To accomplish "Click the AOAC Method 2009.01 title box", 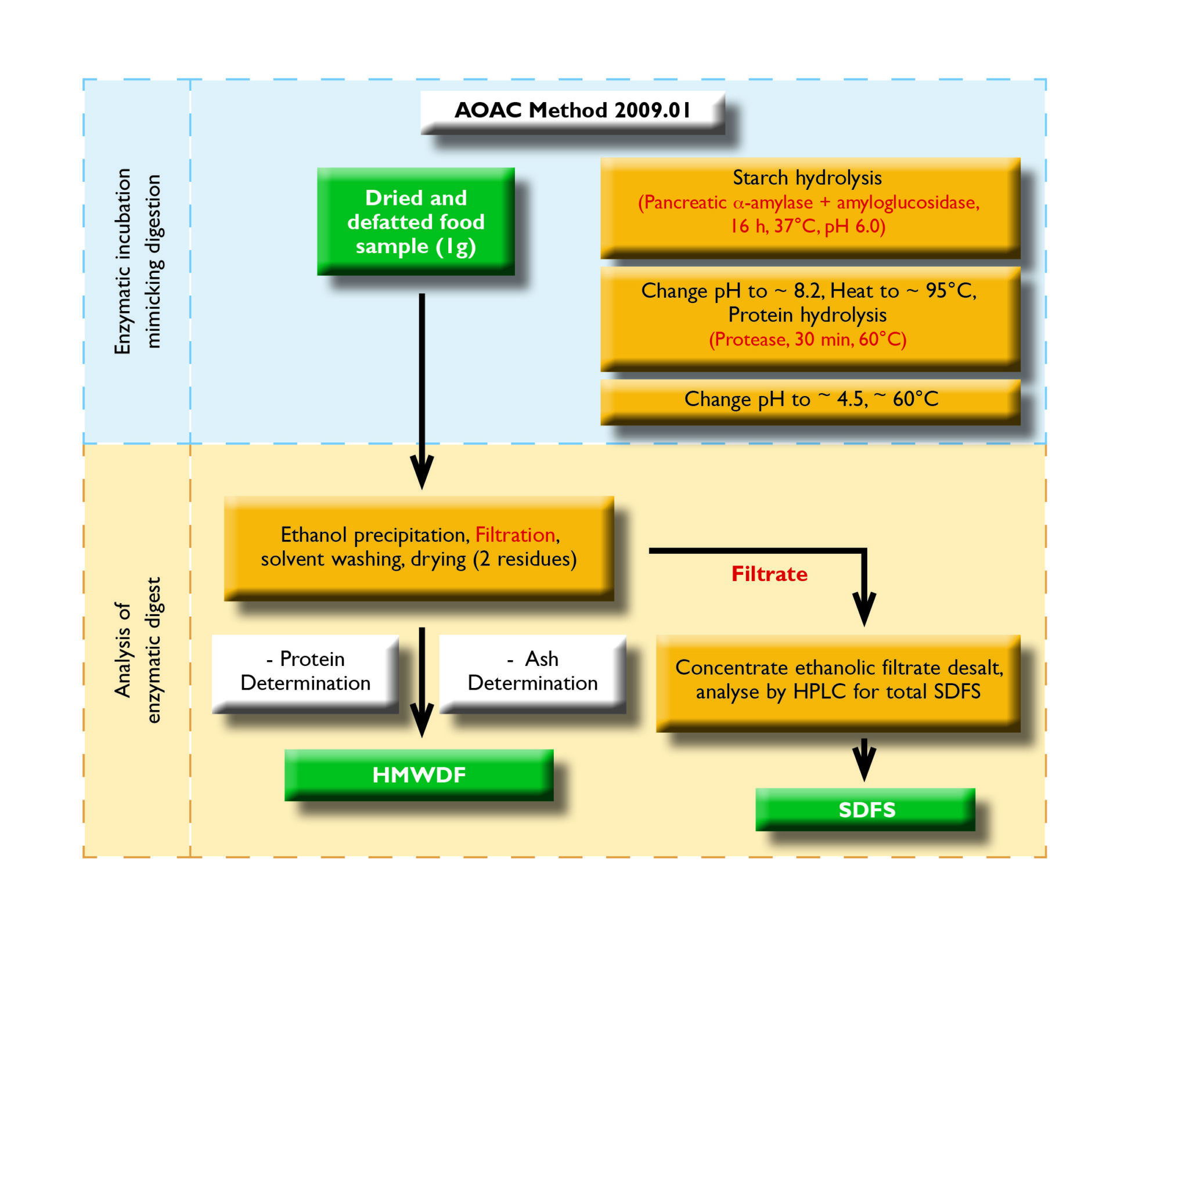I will tap(572, 111).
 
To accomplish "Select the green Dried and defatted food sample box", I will tap(416, 222).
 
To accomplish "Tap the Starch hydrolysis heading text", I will tap(807, 178).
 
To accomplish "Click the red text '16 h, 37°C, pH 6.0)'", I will tap(807, 226).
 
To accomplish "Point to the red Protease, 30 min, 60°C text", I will tap(807, 339).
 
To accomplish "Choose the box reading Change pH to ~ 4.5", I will tap(810, 399).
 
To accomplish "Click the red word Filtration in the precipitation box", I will tap(515, 535).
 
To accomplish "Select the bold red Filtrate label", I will tap(769, 574).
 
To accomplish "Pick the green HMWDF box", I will tap(419, 775).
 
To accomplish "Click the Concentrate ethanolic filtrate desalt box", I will tap(838, 680).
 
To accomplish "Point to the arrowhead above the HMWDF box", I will tap(421, 720).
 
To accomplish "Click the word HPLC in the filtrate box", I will tap(820, 691).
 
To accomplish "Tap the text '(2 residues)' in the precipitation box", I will tap(525, 559).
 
